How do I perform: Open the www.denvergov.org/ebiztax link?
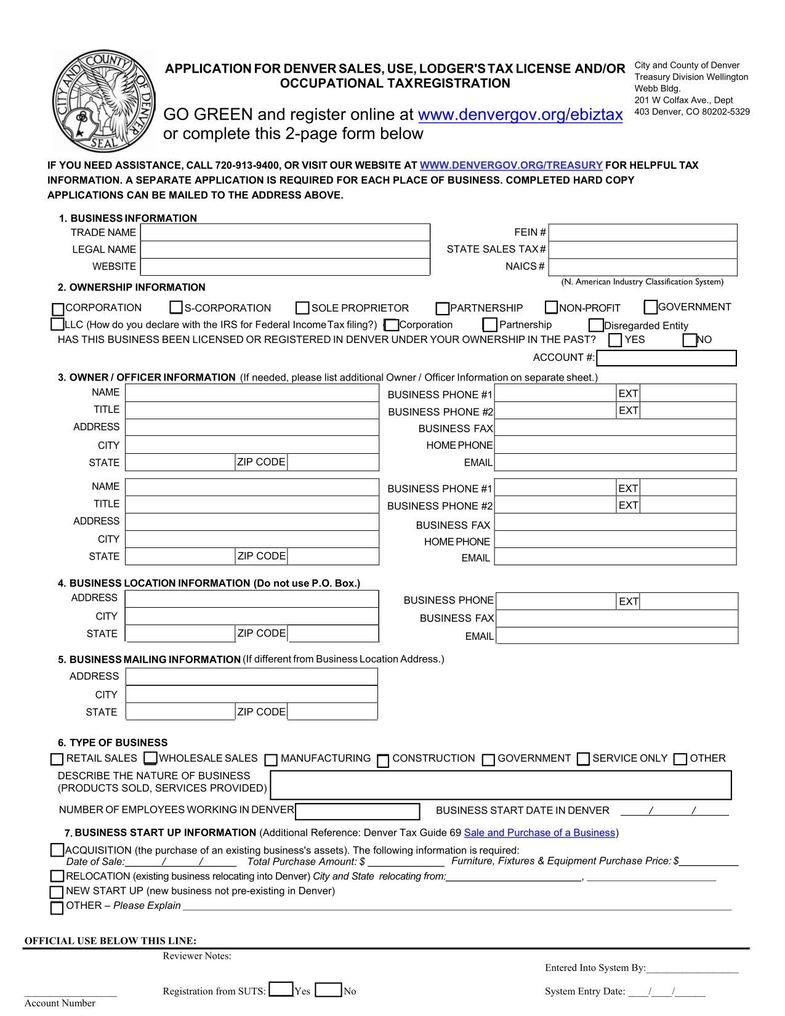(520, 115)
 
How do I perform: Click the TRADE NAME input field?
(284, 233)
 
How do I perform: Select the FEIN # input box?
(642, 233)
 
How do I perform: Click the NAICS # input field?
(642, 267)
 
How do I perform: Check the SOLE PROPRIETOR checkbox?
(302, 308)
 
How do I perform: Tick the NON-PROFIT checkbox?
(551, 307)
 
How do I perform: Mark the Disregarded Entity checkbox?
(595, 325)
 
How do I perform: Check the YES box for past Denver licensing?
(615, 340)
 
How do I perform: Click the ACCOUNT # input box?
(666, 358)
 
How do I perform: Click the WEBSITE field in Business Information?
(284, 267)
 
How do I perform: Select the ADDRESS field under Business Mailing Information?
(251, 677)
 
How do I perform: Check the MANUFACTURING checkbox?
(271, 759)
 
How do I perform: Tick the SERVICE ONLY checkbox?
(583, 759)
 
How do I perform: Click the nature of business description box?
(501, 784)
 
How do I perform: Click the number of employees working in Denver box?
(357, 812)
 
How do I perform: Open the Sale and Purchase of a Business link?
(539, 833)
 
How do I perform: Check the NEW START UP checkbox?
(57, 892)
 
